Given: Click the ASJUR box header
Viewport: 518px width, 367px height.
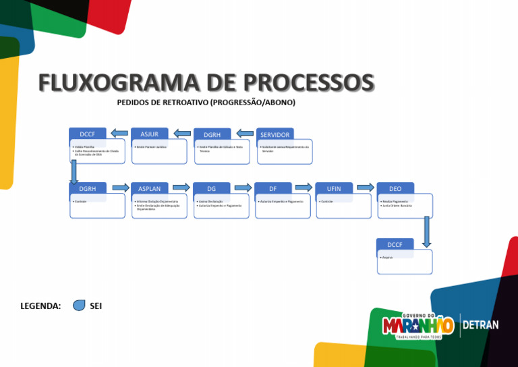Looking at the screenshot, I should tap(149, 134).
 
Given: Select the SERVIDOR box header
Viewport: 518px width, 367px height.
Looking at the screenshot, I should tap(275, 135).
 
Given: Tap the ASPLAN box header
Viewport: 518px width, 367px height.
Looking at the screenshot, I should tap(149, 189).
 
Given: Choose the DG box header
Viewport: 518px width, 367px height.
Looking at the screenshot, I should tap(211, 189).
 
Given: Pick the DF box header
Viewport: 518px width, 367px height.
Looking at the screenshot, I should tap(272, 189).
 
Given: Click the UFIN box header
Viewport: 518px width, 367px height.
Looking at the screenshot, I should tap(334, 189).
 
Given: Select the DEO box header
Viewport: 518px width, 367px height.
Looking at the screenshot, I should tap(395, 189).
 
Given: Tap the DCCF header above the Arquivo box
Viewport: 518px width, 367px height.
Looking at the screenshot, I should tap(395, 244).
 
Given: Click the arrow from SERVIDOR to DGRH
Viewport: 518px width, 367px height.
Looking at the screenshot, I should tap(245, 133).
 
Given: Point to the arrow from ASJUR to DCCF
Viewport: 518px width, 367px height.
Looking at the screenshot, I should tap(119, 132).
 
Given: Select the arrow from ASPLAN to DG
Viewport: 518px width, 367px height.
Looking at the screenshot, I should tap(181, 188).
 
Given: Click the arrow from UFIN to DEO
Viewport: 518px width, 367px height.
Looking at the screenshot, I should tap(365, 188).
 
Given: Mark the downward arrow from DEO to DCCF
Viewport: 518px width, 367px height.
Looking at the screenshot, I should tap(426, 231).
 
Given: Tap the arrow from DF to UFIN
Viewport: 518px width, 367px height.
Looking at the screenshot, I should tap(304, 188).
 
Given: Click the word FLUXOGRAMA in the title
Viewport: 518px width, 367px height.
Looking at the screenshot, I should tap(112, 83).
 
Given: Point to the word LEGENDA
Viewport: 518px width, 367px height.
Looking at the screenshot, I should tap(40, 306).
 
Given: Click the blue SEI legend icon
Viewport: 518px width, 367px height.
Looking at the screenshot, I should tap(79, 306).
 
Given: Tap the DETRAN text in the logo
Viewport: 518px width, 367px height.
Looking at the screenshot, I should tap(480, 325).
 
